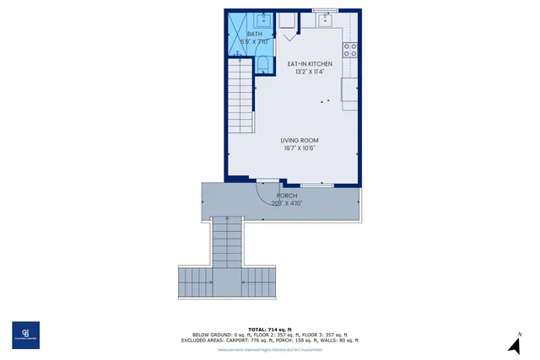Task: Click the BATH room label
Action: [254, 34]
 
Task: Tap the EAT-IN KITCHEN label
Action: [310, 64]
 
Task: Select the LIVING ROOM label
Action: [300, 141]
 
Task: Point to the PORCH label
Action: [287, 196]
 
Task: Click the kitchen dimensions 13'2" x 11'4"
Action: [310, 72]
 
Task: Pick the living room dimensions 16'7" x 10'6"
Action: [300, 148]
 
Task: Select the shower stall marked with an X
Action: [237, 34]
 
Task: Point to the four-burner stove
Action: [351, 49]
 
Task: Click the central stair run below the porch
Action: [225, 244]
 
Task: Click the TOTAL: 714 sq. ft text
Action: [270, 329]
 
